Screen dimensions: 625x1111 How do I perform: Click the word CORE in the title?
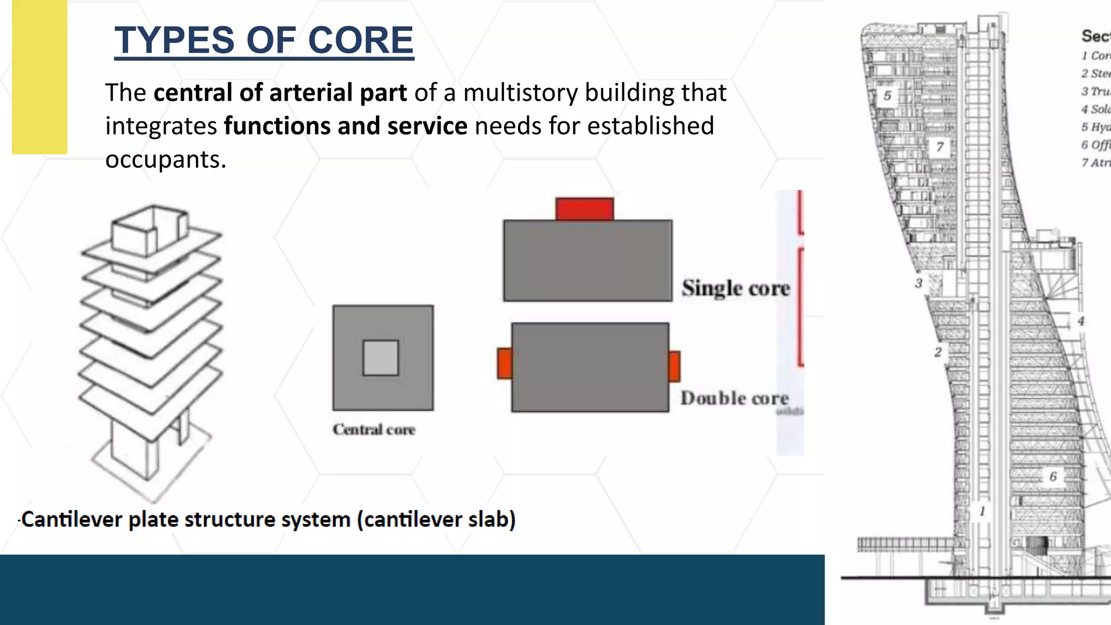point(360,41)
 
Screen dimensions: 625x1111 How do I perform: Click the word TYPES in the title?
point(173,41)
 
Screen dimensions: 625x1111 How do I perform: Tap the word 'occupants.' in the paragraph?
point(165,160)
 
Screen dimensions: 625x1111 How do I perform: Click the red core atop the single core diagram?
point(584,209)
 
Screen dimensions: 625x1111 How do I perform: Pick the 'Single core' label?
point(736,288)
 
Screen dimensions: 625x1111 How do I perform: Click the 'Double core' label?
point(735,398)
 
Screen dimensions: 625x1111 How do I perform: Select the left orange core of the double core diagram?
point(505,363)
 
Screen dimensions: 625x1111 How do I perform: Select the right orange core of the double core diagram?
point(674,366)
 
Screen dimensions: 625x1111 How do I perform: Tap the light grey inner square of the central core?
point(381,358)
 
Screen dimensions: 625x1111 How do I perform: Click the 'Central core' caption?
point(374,430)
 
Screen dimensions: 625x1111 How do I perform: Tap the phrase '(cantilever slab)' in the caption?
point(436,520)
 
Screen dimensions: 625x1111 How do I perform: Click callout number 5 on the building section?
point(887,96)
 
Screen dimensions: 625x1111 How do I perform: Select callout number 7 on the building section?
point(940,147)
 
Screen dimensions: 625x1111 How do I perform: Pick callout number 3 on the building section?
point(918,283)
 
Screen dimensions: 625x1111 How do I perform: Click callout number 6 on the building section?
point(1053,476)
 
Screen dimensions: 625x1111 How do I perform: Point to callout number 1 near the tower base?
point(982,511)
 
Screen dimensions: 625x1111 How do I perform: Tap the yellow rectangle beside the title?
point(40,77)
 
